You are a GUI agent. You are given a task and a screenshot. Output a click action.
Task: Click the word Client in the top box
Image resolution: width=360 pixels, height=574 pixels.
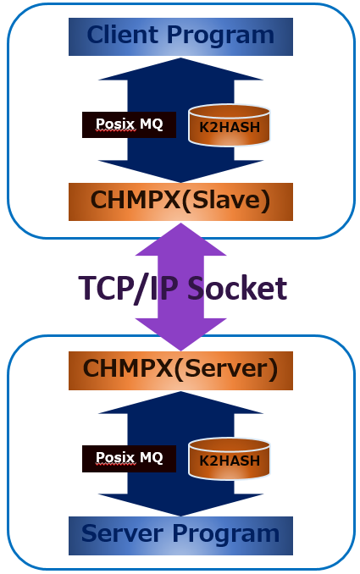124,36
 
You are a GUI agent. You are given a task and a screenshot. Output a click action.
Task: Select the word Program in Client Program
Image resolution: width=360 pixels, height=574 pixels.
220,36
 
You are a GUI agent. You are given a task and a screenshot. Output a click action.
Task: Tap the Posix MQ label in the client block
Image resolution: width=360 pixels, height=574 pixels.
129,124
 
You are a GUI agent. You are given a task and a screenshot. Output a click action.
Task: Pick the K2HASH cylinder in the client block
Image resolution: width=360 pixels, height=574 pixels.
230,125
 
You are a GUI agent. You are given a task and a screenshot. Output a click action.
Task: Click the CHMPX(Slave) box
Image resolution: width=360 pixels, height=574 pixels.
180,201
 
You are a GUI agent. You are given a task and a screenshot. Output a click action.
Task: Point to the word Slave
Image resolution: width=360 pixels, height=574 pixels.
226,200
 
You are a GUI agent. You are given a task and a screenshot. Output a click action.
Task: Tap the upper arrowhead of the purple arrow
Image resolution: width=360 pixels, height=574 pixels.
180,240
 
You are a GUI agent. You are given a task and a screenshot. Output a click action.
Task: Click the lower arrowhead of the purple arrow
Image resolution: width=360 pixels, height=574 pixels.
180,334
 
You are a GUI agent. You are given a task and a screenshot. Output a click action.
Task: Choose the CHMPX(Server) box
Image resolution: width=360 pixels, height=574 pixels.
180,371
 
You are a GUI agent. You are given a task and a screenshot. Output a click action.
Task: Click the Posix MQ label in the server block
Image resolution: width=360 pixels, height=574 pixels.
129,459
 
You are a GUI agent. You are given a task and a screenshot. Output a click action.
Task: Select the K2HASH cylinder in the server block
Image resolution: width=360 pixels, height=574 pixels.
230,459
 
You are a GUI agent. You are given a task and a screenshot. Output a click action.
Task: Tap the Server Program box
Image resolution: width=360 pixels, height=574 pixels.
180,536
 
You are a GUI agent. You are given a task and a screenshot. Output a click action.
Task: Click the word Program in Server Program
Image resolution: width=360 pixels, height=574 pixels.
226,535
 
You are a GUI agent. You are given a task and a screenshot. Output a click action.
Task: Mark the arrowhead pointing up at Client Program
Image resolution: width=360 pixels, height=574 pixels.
180,69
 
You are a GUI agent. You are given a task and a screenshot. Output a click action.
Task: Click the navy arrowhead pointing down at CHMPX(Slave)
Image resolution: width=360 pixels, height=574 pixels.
180,171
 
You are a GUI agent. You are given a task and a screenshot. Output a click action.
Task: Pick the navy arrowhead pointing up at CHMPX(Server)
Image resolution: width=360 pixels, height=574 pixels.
180,403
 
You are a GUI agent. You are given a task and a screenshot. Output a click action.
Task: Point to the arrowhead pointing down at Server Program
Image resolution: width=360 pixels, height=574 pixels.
180,505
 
